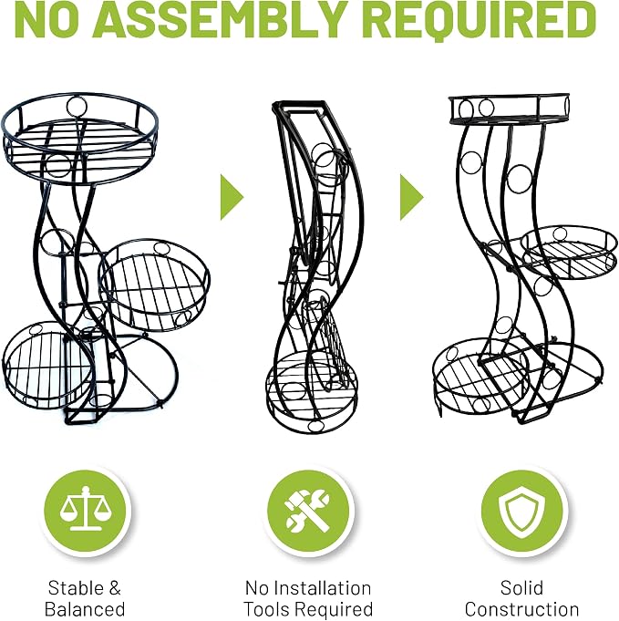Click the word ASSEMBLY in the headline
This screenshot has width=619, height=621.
tap(221, 19)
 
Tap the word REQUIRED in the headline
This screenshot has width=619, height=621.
tap(484, 20)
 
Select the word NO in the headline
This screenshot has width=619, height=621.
tap(45, 19)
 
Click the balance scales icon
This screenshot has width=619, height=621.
tap(86, 509)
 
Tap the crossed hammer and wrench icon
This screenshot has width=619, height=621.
tap(308, 510)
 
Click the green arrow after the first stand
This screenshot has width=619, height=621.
tap(232, 196)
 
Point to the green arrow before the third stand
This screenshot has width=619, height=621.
tap(411, 196)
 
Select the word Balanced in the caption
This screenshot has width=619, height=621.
tap(85, 609)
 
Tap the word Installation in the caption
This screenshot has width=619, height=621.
tap(318, 588)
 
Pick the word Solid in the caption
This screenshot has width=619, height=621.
tap(521, 587)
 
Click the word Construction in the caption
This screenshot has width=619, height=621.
tap(521, 609)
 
